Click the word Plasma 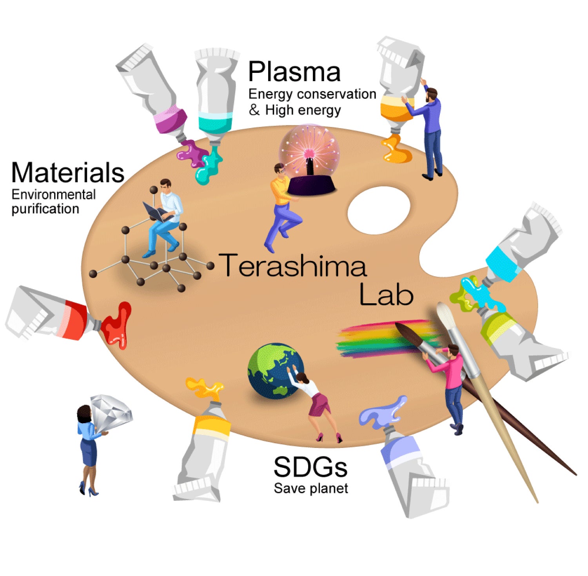(294, 72)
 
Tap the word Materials (68, 173)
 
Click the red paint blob (118, 325)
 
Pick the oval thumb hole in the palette (379, 210)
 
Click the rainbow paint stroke (376, 339)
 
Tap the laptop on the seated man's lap (157, 212)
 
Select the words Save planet (310, 489)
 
